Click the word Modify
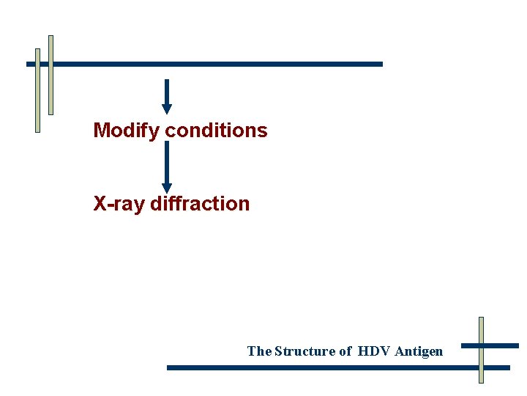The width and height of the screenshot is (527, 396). pyautogui.click(x=127, y=131)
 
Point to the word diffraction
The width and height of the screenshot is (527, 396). pyautogui.click(x=200, y=204)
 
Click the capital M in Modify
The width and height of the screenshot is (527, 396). pyautogui.click(x=101, y=131)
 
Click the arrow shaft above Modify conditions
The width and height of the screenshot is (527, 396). pyautogui.click(x=167, y=92)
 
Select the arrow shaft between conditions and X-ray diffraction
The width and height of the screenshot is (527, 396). pyautogui.click(x=167, y=161)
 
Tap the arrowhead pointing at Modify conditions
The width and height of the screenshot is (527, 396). pyautogui.click(x=167, y=109)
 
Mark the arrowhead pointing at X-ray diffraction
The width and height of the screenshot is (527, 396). pyautogui.click(x=167, y=188)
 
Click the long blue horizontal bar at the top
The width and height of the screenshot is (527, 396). pyautogui.click(x=220, y=64)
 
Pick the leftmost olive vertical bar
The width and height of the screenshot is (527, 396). pyautogui.click(x=37, y=90)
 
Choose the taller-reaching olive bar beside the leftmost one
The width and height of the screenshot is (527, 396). pyautogui.click(x=51, y=75)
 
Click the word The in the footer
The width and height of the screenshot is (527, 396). pyautogui.click(x=259, y=351)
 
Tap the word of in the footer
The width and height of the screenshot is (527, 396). pyautogui.click(x=345, y=351)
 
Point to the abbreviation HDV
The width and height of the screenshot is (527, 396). pyautogui.click(x=374, y=351)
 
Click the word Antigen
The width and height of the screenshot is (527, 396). pyautogui.click(x=419, y=351)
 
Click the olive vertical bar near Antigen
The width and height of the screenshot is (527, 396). pyautogui.click(x=481, y=350)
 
